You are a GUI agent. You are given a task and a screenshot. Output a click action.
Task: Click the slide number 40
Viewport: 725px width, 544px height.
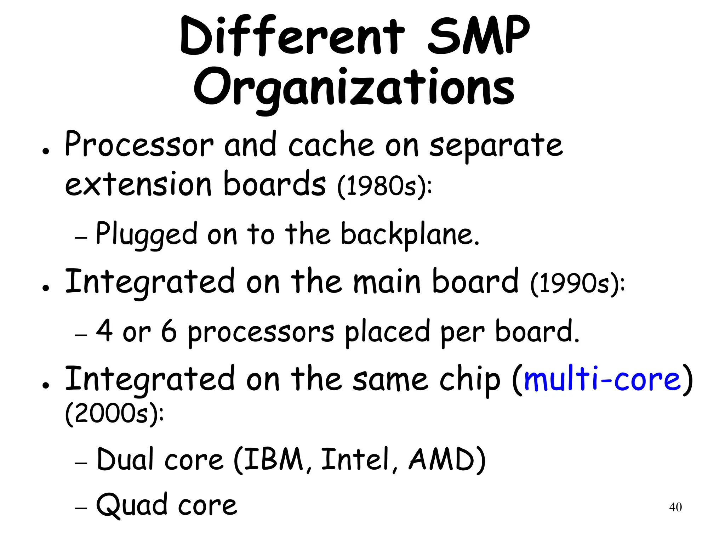point(675,507)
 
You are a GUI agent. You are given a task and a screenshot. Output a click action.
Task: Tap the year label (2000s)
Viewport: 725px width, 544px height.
point(114,414)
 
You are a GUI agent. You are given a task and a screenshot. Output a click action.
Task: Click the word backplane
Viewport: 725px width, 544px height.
point(410,234)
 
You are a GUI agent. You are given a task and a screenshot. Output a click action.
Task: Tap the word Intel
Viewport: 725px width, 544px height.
point(355,460)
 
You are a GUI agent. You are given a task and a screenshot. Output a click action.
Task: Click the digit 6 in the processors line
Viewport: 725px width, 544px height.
point(169,331)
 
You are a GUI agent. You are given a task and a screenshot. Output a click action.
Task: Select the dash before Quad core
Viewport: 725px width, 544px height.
point(81,508)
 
